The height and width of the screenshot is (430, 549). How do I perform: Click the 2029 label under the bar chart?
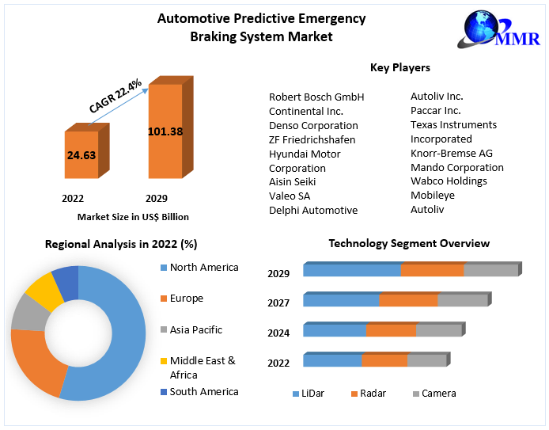coord(156,198)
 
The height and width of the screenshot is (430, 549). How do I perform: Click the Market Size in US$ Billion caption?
coord(133,216)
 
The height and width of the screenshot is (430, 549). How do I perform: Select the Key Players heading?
coord(399,68)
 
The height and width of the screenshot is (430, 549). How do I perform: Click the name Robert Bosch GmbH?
coord(316,97)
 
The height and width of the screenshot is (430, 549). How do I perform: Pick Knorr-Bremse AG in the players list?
coord(451,153)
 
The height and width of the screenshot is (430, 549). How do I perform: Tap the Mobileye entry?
coord(432,196)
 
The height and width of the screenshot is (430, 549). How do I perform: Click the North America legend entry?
coord(204,268)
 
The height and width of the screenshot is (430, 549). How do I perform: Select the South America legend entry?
coord(204,391)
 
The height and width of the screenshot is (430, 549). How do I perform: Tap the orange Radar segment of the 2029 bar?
coord(432,270)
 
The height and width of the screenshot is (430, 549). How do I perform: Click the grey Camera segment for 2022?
coord(426,360)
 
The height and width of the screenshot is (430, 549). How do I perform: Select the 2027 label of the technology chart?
coord(278,303)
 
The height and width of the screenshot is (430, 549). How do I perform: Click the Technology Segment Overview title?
coord(409,243)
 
